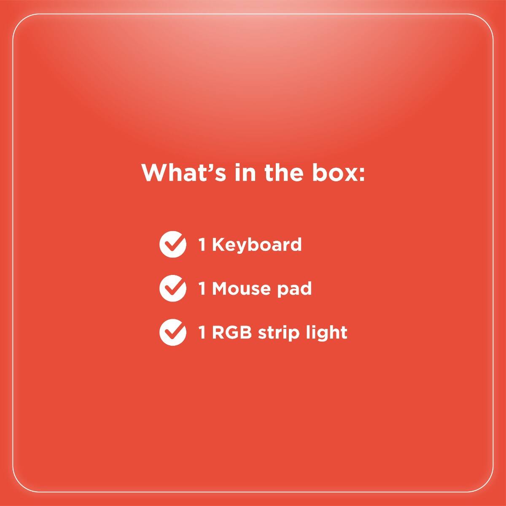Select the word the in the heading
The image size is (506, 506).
tap(284, 172)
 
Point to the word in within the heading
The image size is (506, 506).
tap(245, 172)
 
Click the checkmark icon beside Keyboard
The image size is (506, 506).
tap(173, 244)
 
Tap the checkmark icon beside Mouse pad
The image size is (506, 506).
tap(173, 288)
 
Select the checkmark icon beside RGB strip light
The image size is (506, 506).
tap(173, 332)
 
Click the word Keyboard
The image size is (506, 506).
tap(257, 245)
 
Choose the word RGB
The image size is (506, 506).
tap(231, 332)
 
